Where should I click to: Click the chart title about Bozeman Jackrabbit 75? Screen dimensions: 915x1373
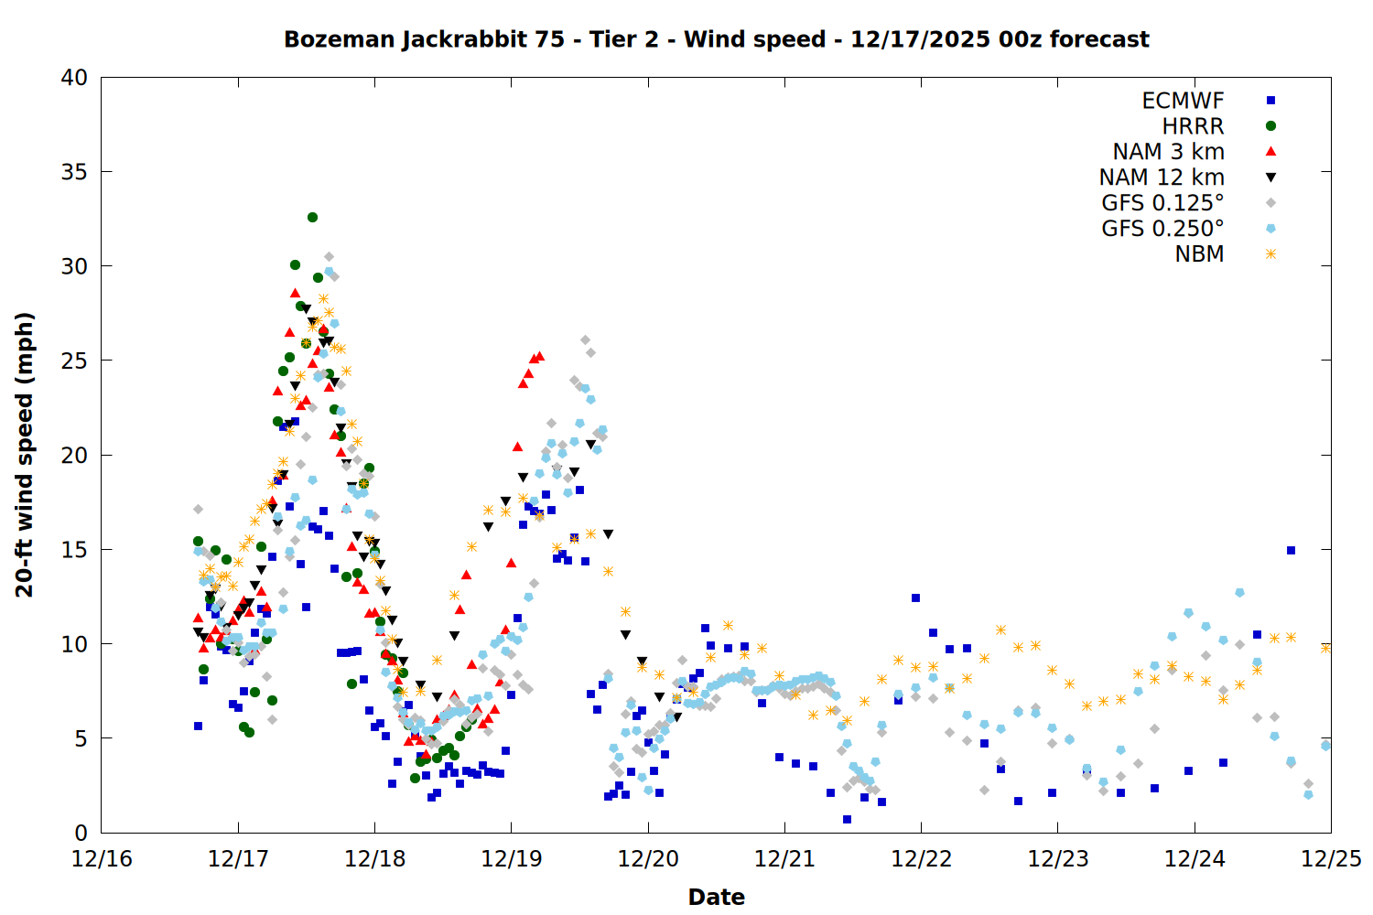(716, 39)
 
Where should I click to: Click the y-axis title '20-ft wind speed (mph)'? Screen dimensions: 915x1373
(25, 455)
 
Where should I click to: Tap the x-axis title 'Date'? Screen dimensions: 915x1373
(716, 897)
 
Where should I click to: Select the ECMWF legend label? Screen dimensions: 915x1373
(1183, 101)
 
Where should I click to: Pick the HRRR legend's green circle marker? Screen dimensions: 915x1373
(1270, 126)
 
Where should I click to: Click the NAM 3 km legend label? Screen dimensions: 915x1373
(1168, 152)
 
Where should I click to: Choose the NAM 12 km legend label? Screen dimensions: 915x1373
(1162, 178)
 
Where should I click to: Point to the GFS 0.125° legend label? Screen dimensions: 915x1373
(1162, 203)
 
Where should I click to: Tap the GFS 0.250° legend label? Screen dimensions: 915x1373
(1162, 229)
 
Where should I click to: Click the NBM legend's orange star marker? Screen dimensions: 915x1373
(1270, 254)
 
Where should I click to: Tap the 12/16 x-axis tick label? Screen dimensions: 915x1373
(102, 859)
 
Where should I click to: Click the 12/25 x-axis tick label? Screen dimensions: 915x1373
(1331, 859)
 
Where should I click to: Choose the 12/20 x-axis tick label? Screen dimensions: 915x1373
(648, 859)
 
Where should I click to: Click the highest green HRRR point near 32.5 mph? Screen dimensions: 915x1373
(312, 218)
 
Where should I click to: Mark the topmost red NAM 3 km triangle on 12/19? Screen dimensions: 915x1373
(539, 356)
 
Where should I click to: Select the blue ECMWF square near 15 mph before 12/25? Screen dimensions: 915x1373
(1291, 550)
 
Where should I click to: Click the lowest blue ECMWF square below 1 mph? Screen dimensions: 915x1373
(847, 819)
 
